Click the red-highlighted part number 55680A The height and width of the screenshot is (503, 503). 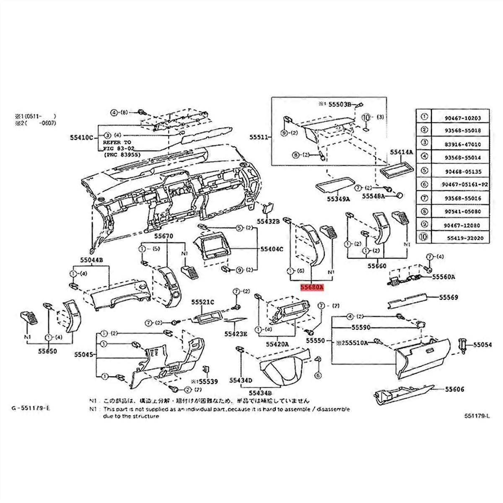[311, 288]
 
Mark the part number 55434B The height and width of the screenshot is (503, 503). [261, 393]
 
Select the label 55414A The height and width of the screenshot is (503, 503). [402, 152]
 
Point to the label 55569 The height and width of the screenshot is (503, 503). [449, 297]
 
